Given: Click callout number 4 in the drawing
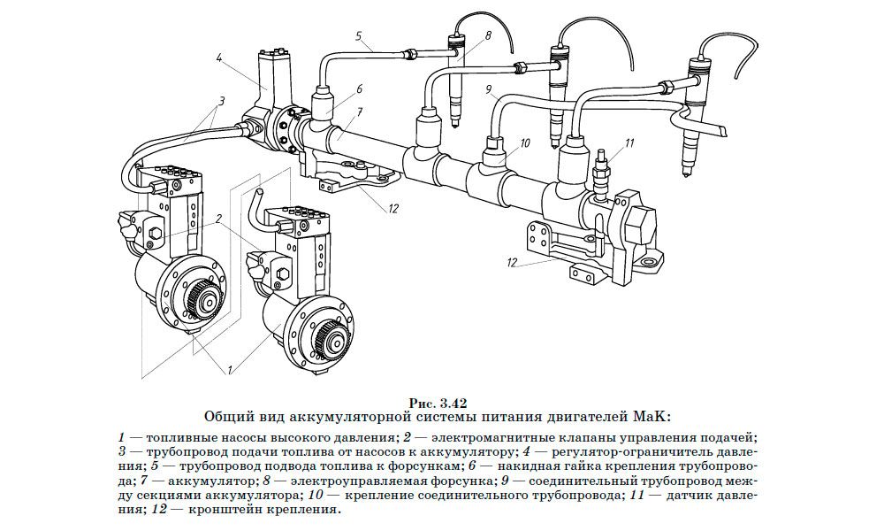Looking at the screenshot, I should click(217, 58).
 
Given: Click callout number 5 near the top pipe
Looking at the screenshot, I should click(359, 36).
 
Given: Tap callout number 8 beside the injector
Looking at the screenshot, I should click(487, 36).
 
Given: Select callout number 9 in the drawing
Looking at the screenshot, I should click(487, 89).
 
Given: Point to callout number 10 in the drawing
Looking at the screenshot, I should click(524, 142).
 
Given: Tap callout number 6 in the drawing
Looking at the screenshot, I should click(360, 88).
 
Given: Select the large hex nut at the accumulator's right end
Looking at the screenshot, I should click(640, 218).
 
